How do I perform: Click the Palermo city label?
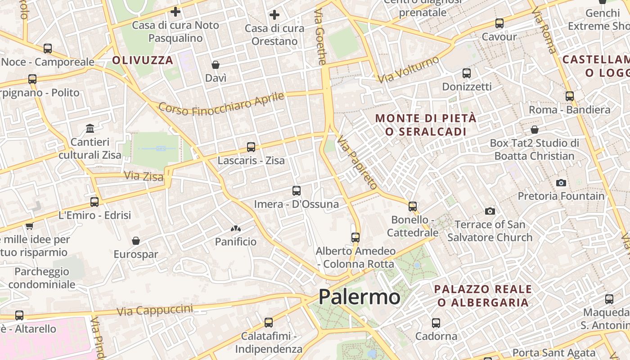(x=359, y=297)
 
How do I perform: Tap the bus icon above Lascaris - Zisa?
(x=251, y=147)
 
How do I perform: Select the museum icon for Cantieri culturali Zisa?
(x=90, y=129)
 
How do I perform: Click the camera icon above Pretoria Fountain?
(x=561, y=183)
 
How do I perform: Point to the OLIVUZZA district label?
(x=143, y=60)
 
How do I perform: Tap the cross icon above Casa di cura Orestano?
(x=274, y=15)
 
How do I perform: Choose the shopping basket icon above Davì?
(x=216, y=65)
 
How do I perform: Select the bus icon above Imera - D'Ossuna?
(x=296, y=191)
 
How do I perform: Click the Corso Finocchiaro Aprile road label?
(x=221, y=104)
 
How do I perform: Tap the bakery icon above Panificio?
(x=235, y=229)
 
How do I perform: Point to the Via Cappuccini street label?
(x=154, y=310)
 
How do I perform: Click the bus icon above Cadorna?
(x=436, y=323)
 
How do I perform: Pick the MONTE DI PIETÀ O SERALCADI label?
(x=426, y=125)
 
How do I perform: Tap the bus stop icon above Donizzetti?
(x=467, y=73)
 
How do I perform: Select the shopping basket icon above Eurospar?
(x=135, y=241)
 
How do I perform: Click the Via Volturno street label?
(x=408, y=70)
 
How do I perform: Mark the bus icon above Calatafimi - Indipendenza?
(x=269, y=323)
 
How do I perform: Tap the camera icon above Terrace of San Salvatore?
(x=490, y=211)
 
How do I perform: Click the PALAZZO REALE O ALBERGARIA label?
(x=483, y=296)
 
